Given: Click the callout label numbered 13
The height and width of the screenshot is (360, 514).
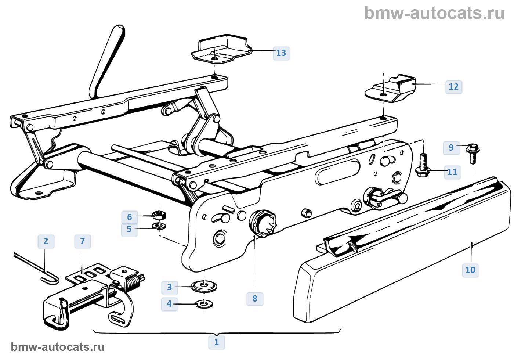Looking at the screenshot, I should pyautogui.click(x=281, y=53).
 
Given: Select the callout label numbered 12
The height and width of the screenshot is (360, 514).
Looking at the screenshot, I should pyautogui.click(x=454, y=87).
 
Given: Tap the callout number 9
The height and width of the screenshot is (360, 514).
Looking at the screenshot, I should pyautogui.click(x=451, y=147).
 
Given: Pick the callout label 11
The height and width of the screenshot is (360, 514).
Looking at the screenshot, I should pyautogui.click(x=452, y=172).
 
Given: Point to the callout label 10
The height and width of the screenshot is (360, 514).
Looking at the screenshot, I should pyautogui.click(x=470, y=270).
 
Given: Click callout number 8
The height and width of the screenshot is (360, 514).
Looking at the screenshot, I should pyautogui.click(x=255, y=298).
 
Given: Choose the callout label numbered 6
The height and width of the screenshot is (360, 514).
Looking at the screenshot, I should pyautogui.click(x=129, y=217).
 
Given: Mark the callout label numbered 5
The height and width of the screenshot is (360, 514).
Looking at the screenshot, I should pyautogui.click(x=129, y=229).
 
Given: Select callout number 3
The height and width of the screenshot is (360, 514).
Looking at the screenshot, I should pyautogui.click(x=169, y=287).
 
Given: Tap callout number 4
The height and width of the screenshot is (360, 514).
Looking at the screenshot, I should pyautogui.click(x=169, y=304).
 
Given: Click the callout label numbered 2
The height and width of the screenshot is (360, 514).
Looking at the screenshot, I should pyautogui.click(x=46, y=241).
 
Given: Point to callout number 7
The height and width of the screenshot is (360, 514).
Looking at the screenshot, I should pyautogui.click(x=82, y=241).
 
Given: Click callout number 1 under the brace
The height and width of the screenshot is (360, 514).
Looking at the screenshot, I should pyautogui.click(x=217, y=342).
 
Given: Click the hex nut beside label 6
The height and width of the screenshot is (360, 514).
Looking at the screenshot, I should pyautogui.click(x=159, y=214).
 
